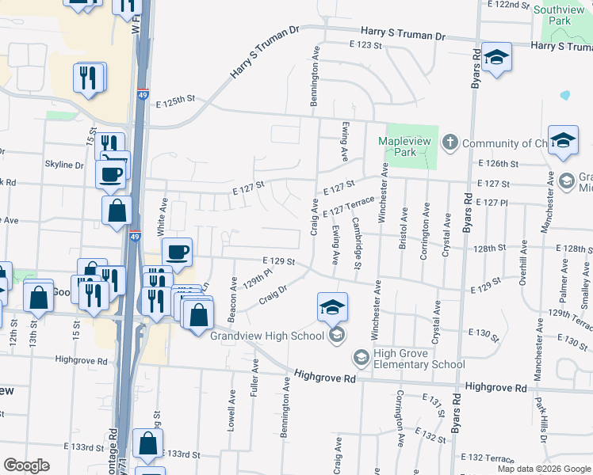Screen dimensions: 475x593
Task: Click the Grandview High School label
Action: coord(268,336)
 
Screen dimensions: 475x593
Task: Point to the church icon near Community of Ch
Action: coord(450,143)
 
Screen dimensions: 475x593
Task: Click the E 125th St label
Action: coord(175,102)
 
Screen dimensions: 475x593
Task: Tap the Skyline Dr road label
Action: coord(63,165)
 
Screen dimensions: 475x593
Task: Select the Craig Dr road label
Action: coord(272,297)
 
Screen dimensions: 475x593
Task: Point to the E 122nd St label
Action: coord(509,5)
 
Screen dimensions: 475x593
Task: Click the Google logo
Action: coord(27,465)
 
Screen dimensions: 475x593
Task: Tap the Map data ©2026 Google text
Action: coord(543,469)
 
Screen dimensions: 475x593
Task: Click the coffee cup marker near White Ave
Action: coord(177,252)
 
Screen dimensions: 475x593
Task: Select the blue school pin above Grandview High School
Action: coord(333,306)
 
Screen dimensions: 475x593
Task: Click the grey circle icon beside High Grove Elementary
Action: coord(362,359)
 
